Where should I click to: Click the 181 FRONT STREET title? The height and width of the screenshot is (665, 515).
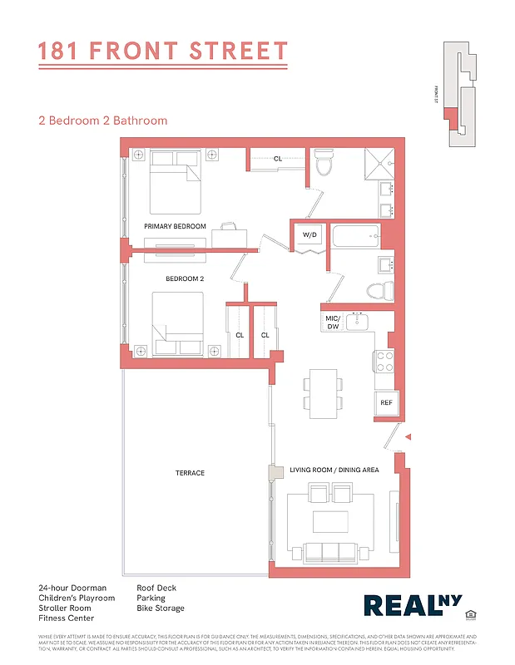click(x=163, y=52)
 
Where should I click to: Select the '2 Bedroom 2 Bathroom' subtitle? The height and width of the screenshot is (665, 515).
click(x=102, y=121)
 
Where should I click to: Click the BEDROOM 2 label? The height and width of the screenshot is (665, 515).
click(x=184, y=279)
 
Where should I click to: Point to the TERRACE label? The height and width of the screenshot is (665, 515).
click(x=190, y=473)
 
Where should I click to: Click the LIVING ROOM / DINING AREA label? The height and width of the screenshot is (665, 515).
click(x=334, y=470)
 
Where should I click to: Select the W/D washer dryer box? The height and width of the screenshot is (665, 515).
click(x=309, y=235)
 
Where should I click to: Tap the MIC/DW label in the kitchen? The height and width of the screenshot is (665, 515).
click(x=332, y=323)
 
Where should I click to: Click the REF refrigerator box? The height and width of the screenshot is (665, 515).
click(x=386, y=403)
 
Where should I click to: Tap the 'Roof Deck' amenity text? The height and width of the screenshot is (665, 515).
click(x=156, y=588)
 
